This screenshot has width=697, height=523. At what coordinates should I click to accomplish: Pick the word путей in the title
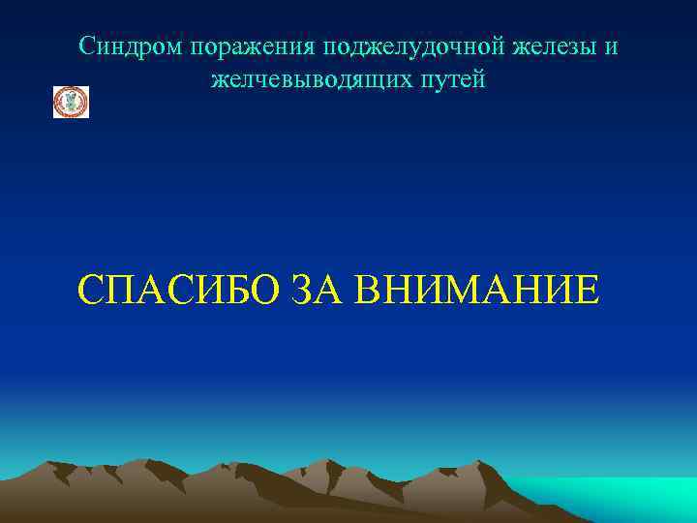click(x=448, y=79)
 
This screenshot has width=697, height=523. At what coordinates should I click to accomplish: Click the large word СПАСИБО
click(x=179, y=290)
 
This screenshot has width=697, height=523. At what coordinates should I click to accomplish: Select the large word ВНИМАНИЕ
click(x=478, y=290)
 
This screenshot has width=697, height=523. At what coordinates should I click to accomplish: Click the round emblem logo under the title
click(x=71, y=102)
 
